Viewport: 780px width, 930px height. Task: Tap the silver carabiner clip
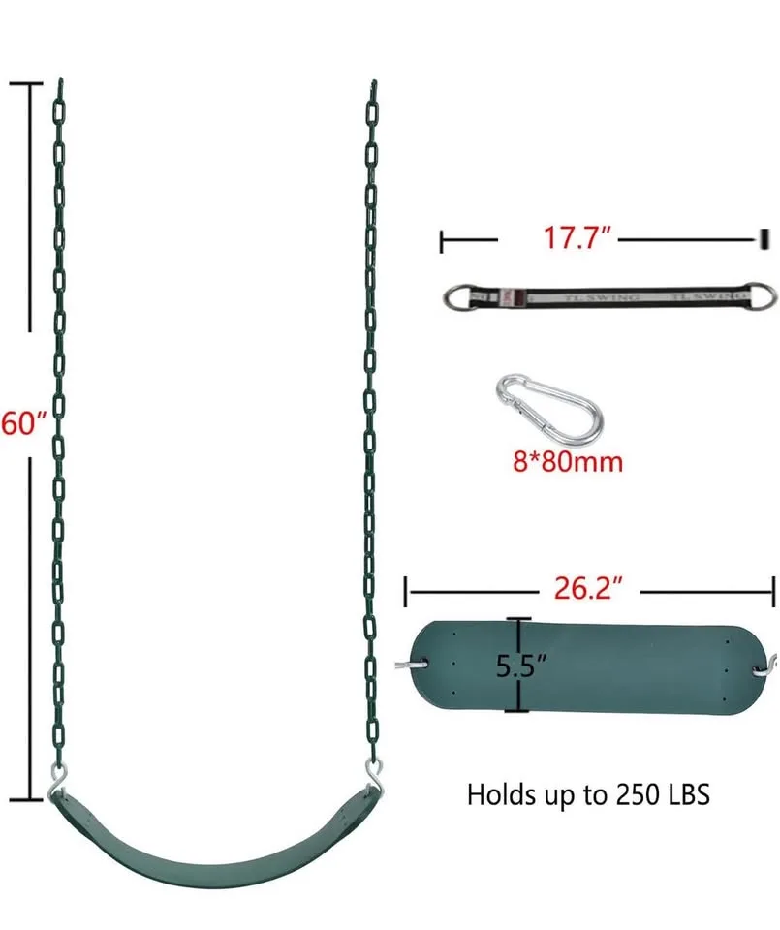click(x=546, y=405)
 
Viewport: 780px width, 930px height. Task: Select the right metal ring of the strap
click(x=764, y=294)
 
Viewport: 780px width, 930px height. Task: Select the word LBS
click(x=688, y=795)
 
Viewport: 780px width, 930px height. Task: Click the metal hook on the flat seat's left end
click(x=406, y=665)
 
